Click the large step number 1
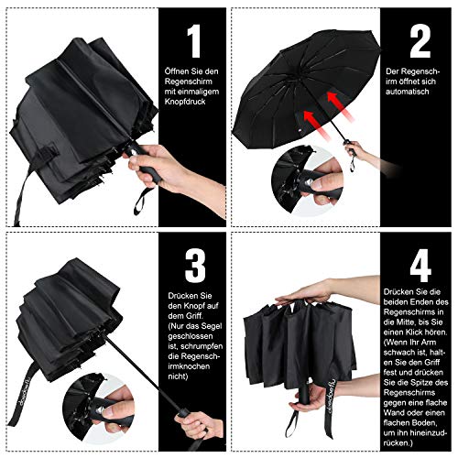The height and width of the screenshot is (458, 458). tap(194, 41)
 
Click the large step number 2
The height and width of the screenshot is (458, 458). tap(420, 41)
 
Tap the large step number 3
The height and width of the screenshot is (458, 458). tap(195, 266)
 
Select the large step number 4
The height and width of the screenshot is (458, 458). tap(420, 266)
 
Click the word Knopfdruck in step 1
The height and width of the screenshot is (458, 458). tap(185, 102)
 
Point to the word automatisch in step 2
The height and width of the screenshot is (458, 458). tap(407, 92)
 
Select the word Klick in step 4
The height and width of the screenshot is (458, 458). tap(414, 333)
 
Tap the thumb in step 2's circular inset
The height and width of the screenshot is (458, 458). tap(320, 184)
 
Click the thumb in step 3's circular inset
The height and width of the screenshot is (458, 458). tap(113, 413)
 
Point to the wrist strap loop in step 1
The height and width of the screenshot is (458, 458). tap(141, 201)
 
